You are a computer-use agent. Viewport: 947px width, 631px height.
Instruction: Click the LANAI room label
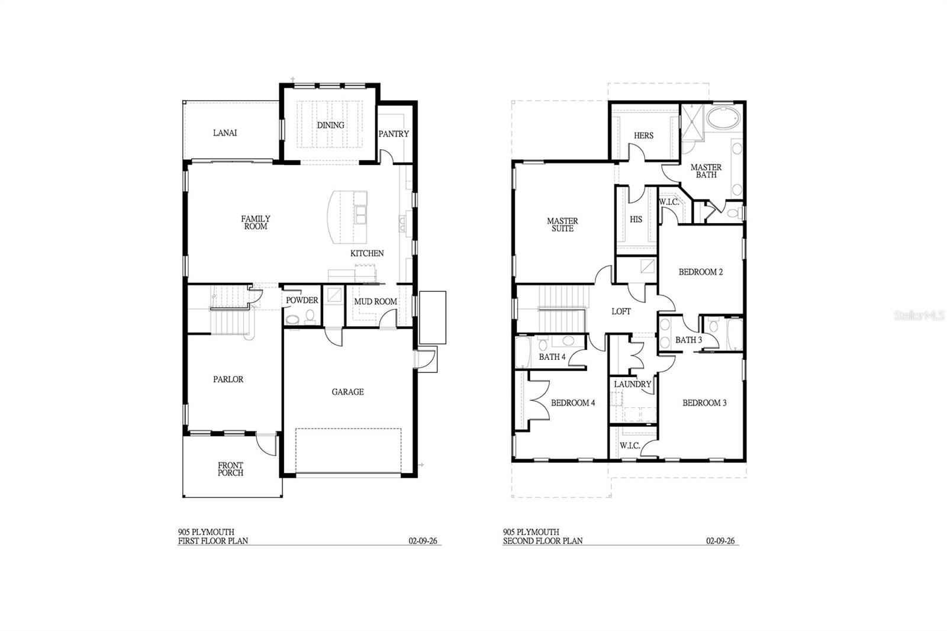click(x=225, y=133)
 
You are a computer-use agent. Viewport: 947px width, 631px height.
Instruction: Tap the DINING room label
click(x=330, y=125)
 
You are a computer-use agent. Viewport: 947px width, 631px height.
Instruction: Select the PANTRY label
click(x=394, y=134)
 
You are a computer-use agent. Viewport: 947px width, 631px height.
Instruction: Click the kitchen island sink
click(x=360, y=214)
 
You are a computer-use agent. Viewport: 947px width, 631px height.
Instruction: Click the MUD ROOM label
click(x=375, y=301)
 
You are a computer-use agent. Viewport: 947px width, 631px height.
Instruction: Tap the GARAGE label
click(x=347, y=392)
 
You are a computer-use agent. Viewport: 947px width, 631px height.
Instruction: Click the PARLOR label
click(x=228, y=379)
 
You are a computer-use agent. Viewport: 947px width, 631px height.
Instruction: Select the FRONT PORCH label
click(x=230, y=469)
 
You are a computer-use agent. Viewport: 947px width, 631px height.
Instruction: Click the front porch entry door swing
click(x=266, y=444)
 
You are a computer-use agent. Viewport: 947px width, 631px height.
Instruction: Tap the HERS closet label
click(x=643, y=136)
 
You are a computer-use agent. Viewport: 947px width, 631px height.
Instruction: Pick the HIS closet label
click(x=636, y=219)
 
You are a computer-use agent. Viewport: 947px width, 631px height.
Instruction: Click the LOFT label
click(x=621, y=311)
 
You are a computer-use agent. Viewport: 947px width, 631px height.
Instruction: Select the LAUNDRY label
click(x=632, y=384)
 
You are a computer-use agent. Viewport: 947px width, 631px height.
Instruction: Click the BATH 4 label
click(x=552, y=357)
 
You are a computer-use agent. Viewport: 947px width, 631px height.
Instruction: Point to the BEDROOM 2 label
click(x=700, y=272)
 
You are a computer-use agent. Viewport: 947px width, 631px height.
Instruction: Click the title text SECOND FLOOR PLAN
click(x=543, y=540)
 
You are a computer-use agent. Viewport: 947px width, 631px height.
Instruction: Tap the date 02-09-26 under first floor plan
click(x=423, y=540)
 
